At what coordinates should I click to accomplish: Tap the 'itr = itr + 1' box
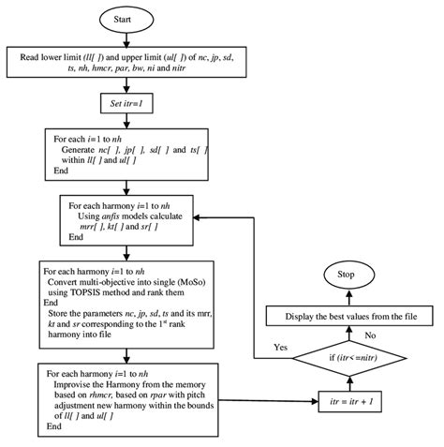345,399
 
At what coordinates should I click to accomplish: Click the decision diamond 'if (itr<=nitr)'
345,356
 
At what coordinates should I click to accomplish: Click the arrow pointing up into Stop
344,295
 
